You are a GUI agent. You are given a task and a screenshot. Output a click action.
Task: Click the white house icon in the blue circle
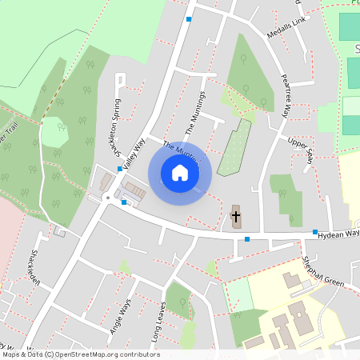click(x=180, y=172)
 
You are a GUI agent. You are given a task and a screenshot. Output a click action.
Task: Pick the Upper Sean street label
click(x=302, y=147)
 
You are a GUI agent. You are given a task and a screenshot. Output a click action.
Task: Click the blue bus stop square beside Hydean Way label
click(x=315, y=233)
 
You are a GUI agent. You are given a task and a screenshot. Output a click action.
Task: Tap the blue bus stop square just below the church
click(x=247, y=239)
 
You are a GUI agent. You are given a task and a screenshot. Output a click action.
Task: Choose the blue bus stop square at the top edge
click(x=190, y=19)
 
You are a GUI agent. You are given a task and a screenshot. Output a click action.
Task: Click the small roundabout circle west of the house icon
click(x=106, y=197)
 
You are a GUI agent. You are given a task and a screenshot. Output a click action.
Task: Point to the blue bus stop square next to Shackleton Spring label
click(x=119, y=169)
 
